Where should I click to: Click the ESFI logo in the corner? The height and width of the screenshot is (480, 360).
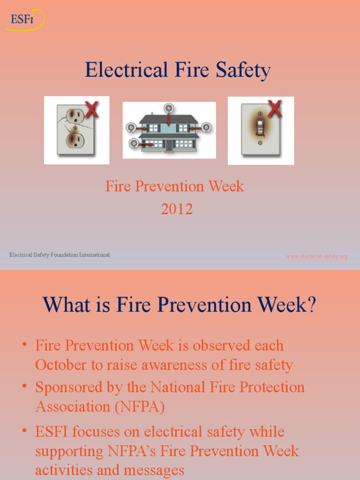pos(26,20)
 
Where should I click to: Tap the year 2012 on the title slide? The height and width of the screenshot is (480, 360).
pos(177,209)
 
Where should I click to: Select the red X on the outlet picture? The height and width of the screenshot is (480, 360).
pos(91,109)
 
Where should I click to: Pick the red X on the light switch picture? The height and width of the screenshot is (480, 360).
pos(274,109)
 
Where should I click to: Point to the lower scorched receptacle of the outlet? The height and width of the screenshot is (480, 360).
pos(75,139)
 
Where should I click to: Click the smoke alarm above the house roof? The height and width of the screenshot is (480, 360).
pos(168,108)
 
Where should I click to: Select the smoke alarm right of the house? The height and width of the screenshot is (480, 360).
pos(206,127)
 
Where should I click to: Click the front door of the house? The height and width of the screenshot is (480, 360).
pos(169,145)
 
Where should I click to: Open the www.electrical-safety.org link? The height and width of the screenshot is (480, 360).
pos(317,256)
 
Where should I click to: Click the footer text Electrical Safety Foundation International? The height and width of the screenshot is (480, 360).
pos(60,255)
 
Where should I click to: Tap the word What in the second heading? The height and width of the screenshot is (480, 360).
pos(65,305)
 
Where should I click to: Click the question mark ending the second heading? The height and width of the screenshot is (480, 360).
pos(311,305)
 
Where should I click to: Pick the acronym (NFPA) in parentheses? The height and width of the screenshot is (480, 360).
pos(140,407)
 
